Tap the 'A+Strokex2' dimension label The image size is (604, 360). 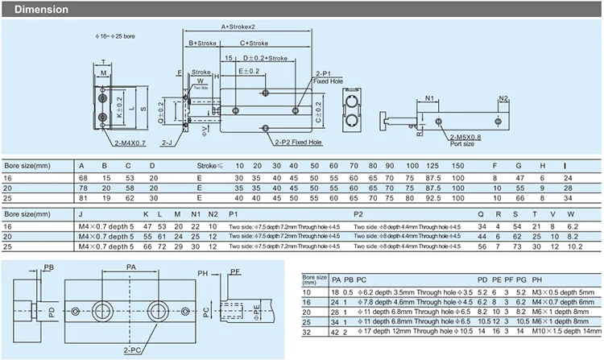pos(239,27)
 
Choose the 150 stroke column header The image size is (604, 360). pos(457,165)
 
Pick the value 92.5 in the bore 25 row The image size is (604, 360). pos(433,197)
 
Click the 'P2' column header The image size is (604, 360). pos(358,214)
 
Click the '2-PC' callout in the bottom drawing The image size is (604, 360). pos(130,351)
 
